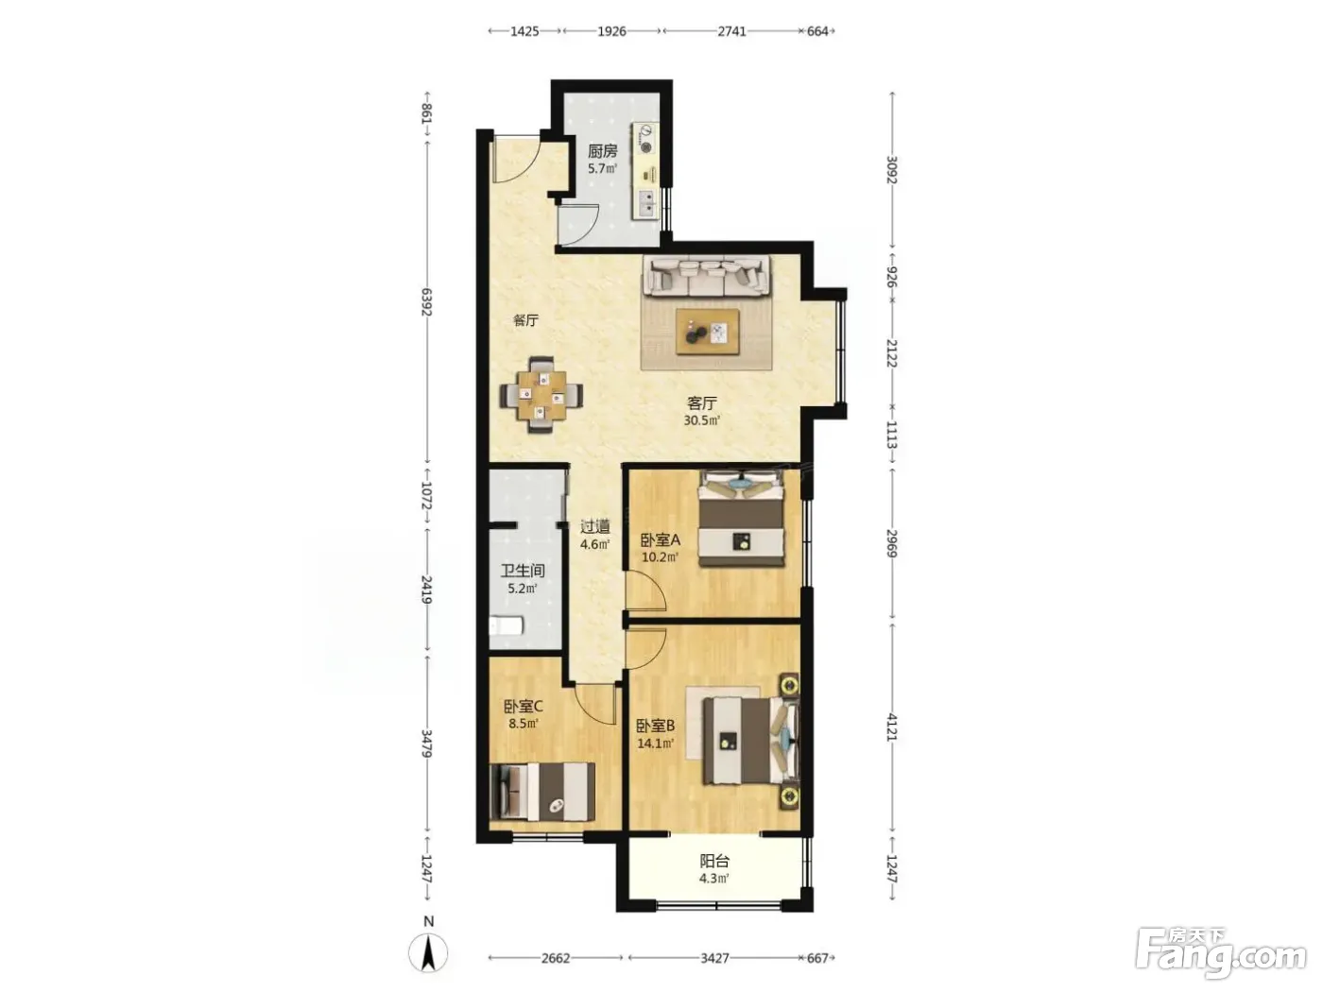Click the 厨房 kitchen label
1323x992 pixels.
602,150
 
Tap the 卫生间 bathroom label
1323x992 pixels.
523,570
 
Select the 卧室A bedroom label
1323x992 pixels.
660,540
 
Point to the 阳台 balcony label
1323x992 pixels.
714,862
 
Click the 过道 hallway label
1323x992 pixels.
595,527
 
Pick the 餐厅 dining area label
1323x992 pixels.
525,320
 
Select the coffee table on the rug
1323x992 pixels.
708,332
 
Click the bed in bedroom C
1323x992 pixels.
542,792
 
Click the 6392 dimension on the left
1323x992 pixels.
427,301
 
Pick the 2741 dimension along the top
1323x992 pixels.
731,31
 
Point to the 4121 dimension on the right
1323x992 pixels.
892,726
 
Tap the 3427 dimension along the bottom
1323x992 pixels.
714,958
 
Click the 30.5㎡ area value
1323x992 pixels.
701,420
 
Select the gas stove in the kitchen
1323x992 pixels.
645,140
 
